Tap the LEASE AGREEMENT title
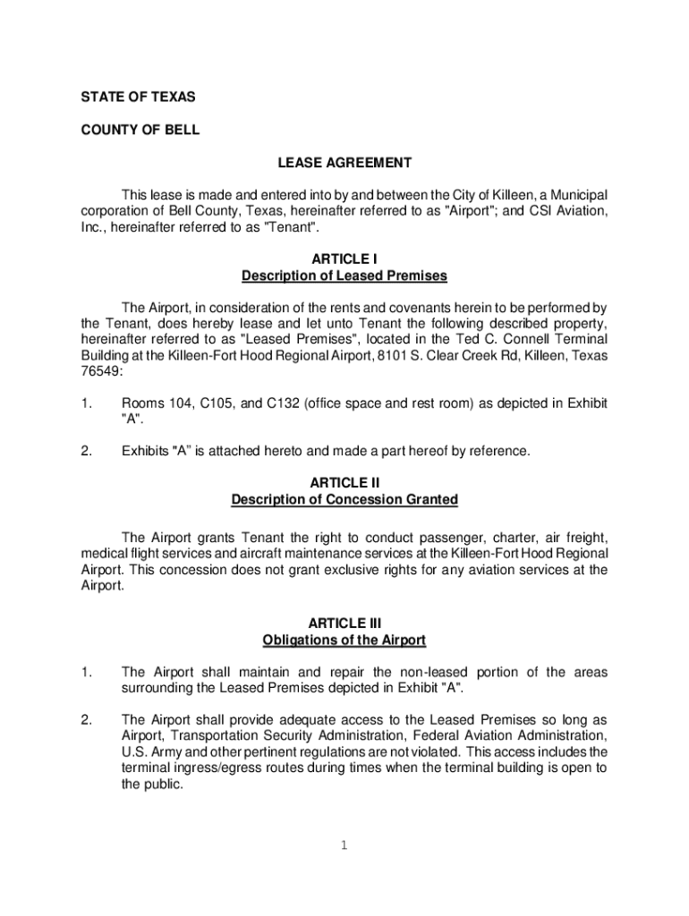[x=344, y=163]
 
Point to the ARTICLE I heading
[x=344, y=259]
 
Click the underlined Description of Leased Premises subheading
[x=344, y=276]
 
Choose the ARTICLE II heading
[x=344, y=482]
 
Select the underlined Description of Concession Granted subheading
[x=344, y=499]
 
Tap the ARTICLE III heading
[x=344, y=623]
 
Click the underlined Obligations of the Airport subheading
[x=344, y=640]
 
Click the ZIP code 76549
[x=98, y=372]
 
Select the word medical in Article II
[x=103, y=553]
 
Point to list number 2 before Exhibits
[x=86, y=451]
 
